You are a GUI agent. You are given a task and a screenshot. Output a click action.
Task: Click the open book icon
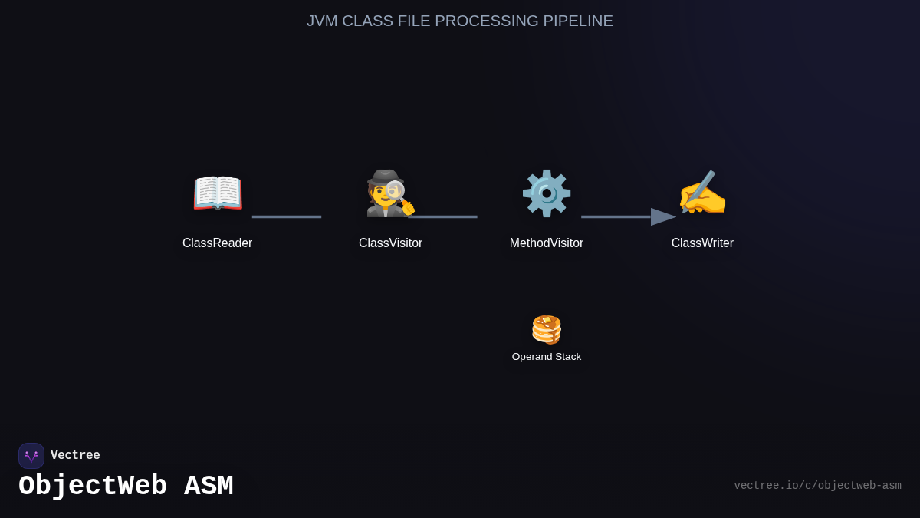(x=218, y=193)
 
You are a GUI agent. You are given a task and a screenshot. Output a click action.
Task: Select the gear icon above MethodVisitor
(x=547, y=193)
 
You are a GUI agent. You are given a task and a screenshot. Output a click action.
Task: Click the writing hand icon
(x=702, y=193)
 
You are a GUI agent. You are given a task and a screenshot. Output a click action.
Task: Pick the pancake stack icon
(x=547, y=329)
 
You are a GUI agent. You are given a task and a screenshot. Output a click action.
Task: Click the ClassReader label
(x=217, y=243)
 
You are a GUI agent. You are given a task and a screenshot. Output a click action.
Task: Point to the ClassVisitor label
(x=390, y=243)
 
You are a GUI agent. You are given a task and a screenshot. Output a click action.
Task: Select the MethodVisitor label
(x=547, y=243)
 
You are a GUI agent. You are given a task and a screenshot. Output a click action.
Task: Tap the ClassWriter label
(x=702, y=243)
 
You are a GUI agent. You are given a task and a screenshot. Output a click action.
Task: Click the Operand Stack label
(x=547, y=357)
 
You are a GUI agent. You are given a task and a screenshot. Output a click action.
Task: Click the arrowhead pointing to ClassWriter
(x=662, y=217)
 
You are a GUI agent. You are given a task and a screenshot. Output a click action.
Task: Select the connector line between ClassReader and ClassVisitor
(x=287, y=217)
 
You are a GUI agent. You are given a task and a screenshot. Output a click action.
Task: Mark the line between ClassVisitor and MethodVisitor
(x=445, y=217)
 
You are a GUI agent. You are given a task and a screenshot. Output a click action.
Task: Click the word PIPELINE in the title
(x=578, y=21)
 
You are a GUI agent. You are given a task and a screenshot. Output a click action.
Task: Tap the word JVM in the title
(x=322, y=21)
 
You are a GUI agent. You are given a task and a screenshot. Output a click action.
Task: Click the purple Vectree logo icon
(x=31, y=456)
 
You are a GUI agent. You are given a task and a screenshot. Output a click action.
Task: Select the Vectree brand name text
(x=75, y=456)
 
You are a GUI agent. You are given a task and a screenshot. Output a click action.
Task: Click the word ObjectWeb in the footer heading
(x=93, y=487)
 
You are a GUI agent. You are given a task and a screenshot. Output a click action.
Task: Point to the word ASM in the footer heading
(x=209, y=487)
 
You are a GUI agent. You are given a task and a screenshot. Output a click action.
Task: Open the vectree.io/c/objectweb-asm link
(x=817, y=486)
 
